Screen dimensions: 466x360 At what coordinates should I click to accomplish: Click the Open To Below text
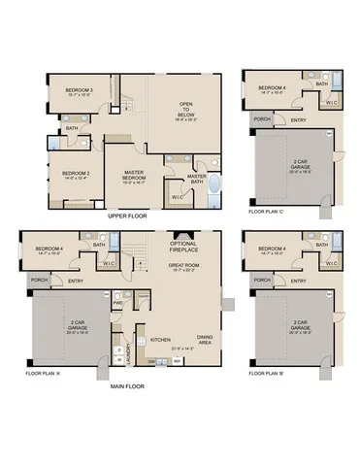tap(188, 107)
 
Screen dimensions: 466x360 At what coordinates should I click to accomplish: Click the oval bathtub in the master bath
tap(215, 186)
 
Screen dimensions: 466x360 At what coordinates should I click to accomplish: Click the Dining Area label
tap(206, 338)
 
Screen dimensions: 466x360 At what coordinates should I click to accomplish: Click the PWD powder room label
tap(117, 302)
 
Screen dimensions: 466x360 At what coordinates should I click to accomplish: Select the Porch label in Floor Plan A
tap(39, 280)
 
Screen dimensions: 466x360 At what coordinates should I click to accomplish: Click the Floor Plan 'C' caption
tap(268, 211)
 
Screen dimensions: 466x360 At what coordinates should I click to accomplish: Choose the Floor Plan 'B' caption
tap(268, 373)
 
